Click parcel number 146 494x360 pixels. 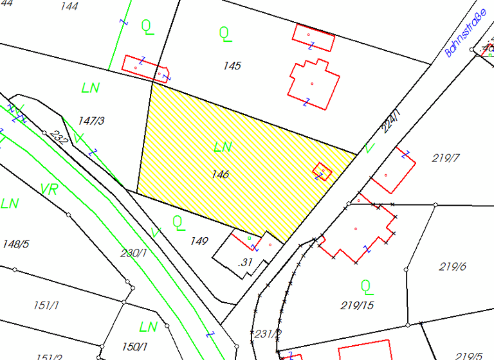220,174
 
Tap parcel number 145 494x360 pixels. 232,66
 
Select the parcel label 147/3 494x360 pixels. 91,120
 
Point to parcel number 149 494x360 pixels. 199,241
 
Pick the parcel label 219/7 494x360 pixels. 446,158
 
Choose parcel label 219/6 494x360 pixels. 452,266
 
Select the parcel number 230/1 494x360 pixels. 134,253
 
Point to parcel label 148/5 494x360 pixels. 16,244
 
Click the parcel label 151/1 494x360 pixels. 46,305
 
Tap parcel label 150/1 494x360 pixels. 134,347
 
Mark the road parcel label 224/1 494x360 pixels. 390,121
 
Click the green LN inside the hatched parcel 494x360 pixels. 223,147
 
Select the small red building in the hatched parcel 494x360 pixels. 322,171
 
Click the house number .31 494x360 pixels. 245,262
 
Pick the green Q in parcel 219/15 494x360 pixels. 366,285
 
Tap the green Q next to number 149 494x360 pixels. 178,222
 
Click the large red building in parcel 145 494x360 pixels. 313,84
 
